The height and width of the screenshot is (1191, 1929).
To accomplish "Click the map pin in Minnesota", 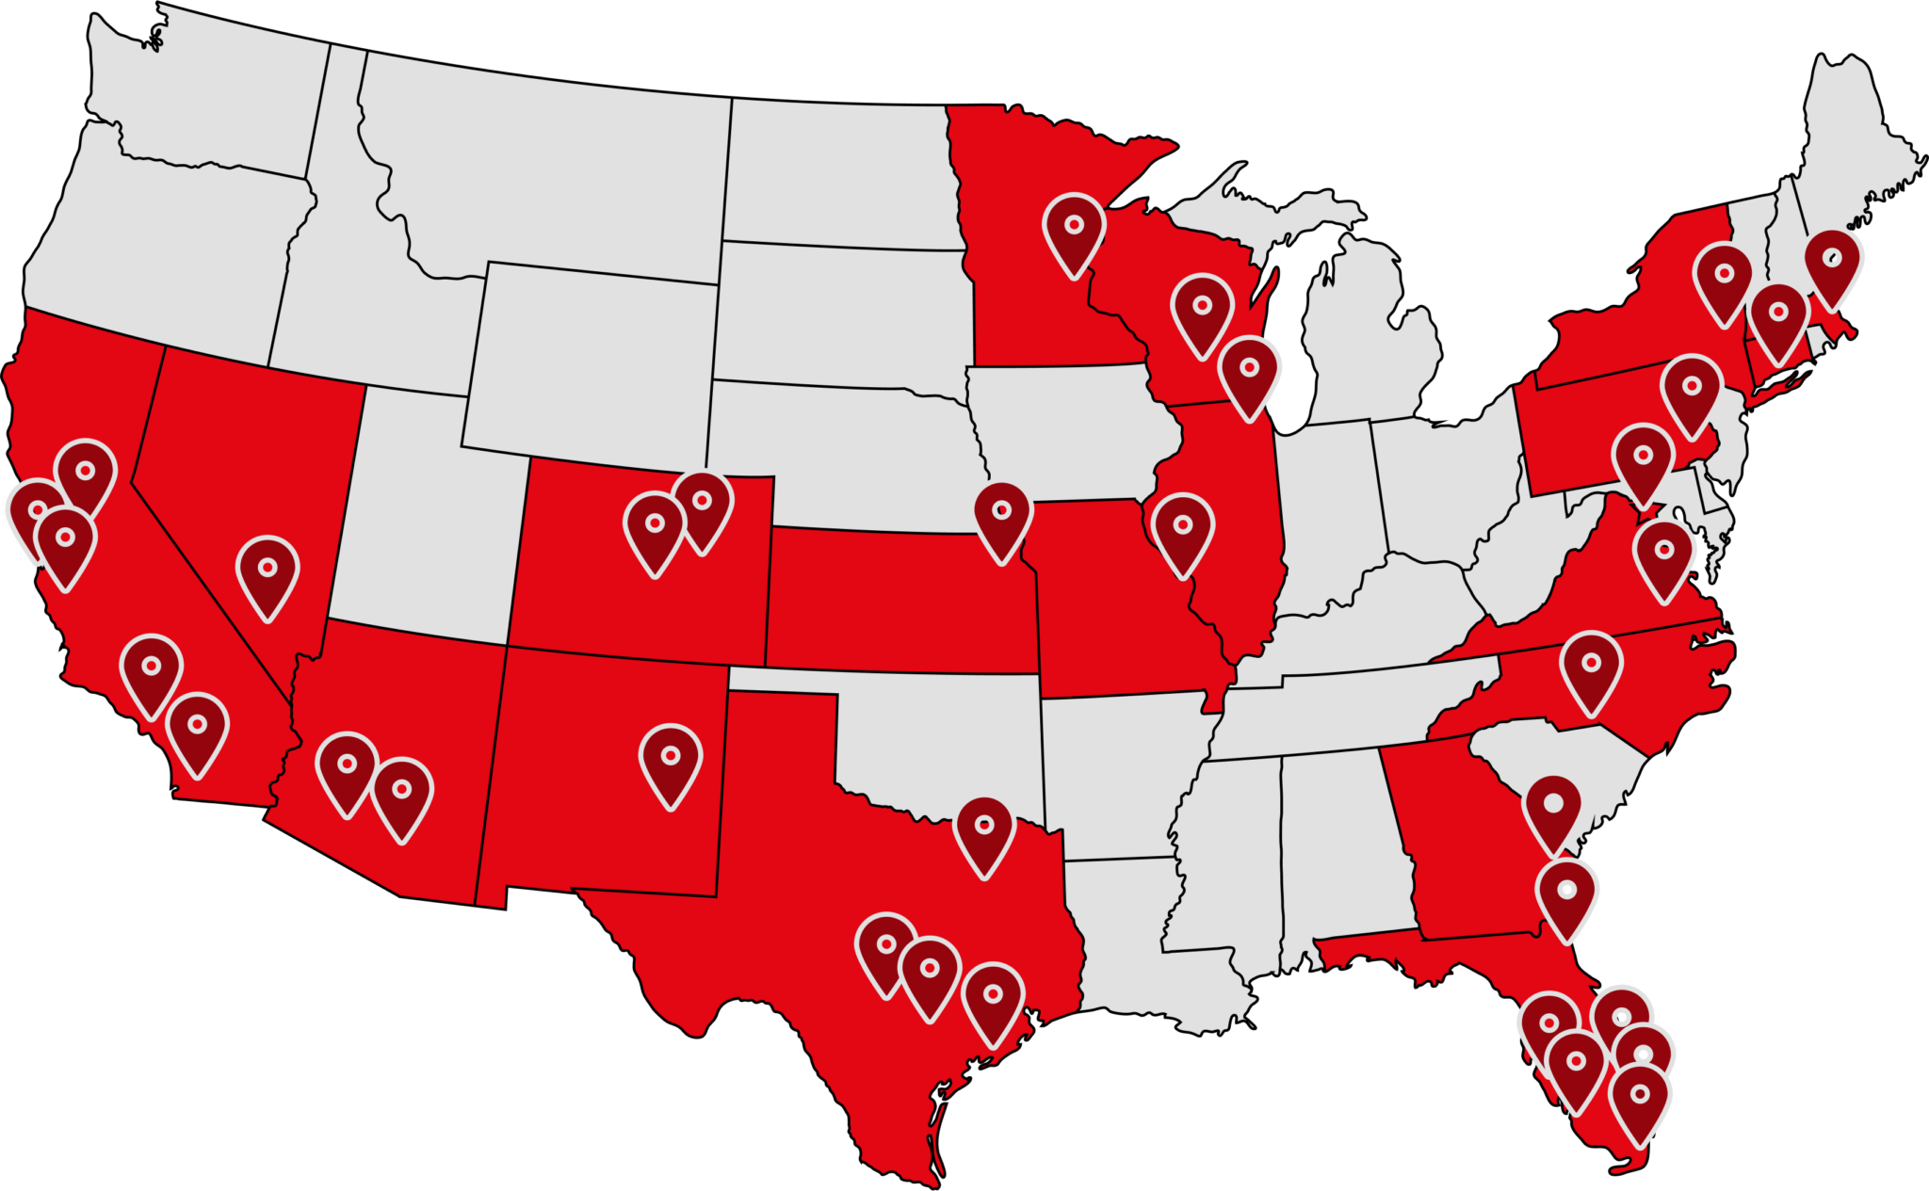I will point(1074,231).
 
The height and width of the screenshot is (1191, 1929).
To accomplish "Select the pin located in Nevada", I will point(267,573).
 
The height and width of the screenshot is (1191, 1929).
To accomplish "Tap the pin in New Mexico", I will point(671,762).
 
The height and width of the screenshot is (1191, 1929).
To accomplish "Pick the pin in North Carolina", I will point(1591,668).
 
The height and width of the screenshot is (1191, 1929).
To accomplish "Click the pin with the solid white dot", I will point(1552,810).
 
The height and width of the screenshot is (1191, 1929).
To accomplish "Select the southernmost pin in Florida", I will point(1640,1102).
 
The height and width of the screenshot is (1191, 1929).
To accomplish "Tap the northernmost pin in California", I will point(86,475).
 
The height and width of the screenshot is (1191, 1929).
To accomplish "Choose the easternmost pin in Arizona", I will point(402,796).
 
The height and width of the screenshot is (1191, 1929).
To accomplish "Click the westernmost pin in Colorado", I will point(655,530).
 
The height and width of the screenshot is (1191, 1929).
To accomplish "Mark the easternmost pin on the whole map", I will point(1832,264).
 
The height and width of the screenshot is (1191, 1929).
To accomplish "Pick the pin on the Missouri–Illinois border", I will point(1183,532).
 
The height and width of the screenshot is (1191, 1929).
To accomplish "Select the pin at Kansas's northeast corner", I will point(1002,517).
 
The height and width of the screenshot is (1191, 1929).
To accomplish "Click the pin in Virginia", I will point(1663,556).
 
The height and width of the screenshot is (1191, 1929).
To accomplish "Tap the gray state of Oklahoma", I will point(942,734).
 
